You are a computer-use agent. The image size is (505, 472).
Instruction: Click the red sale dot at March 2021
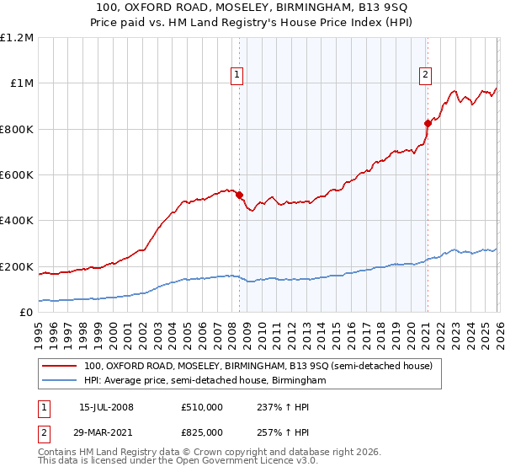click(x=427, y=123)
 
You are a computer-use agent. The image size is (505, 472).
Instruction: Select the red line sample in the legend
click(x=59, y=367)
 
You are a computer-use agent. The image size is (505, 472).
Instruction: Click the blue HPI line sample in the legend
click(x=59, y=381)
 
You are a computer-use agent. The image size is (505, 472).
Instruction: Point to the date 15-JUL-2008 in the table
click(x=106, y=407)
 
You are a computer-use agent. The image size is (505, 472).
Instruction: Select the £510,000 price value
click(x=202, y=407)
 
